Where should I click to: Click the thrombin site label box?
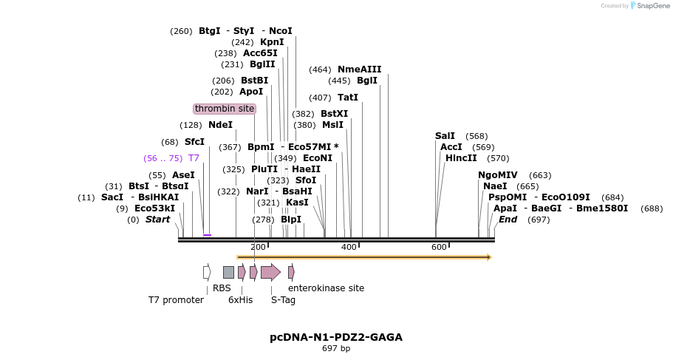point(225,109)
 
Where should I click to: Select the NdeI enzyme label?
point(220,125)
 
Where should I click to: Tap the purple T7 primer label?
point(194,158)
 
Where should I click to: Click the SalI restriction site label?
point(445,136)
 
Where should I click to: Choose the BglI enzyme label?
point(367,81)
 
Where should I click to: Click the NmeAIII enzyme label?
point(360,69)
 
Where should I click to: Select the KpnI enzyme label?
point(272,42)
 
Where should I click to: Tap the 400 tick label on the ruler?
point(349,247)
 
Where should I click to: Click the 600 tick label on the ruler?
point(439,247)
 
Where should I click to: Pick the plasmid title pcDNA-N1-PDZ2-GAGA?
point(336,337)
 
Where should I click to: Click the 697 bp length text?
point(336,349)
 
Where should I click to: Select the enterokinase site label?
point(326,288)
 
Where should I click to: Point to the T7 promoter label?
point(176,300)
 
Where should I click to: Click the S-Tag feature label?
point(283,300)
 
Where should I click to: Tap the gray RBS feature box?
point(228,272)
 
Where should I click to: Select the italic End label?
point(508,220)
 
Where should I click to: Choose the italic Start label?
point(157,220)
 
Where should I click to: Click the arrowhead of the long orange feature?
point(488,257)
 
